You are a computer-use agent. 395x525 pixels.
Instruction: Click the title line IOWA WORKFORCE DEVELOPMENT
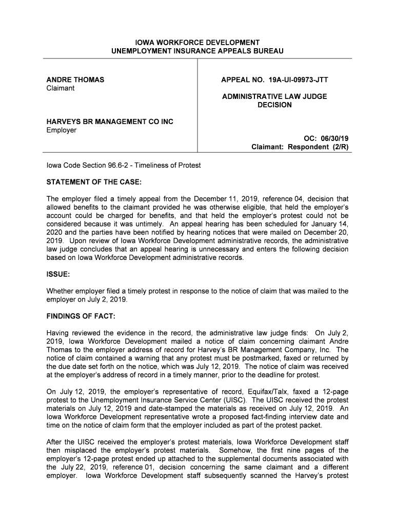point(197,43)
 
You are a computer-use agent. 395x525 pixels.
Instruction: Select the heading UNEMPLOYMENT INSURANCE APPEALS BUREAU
point(197,51)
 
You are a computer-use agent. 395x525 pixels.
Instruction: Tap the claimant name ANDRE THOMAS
point(75,80)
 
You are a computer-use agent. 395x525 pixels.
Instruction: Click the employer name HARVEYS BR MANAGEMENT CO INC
point(110,122)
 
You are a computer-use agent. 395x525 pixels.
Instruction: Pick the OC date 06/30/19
point(335,139)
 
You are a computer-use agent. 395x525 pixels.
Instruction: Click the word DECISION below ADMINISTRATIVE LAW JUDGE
point(274,105)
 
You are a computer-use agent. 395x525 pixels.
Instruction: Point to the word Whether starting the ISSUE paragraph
point(61,291)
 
